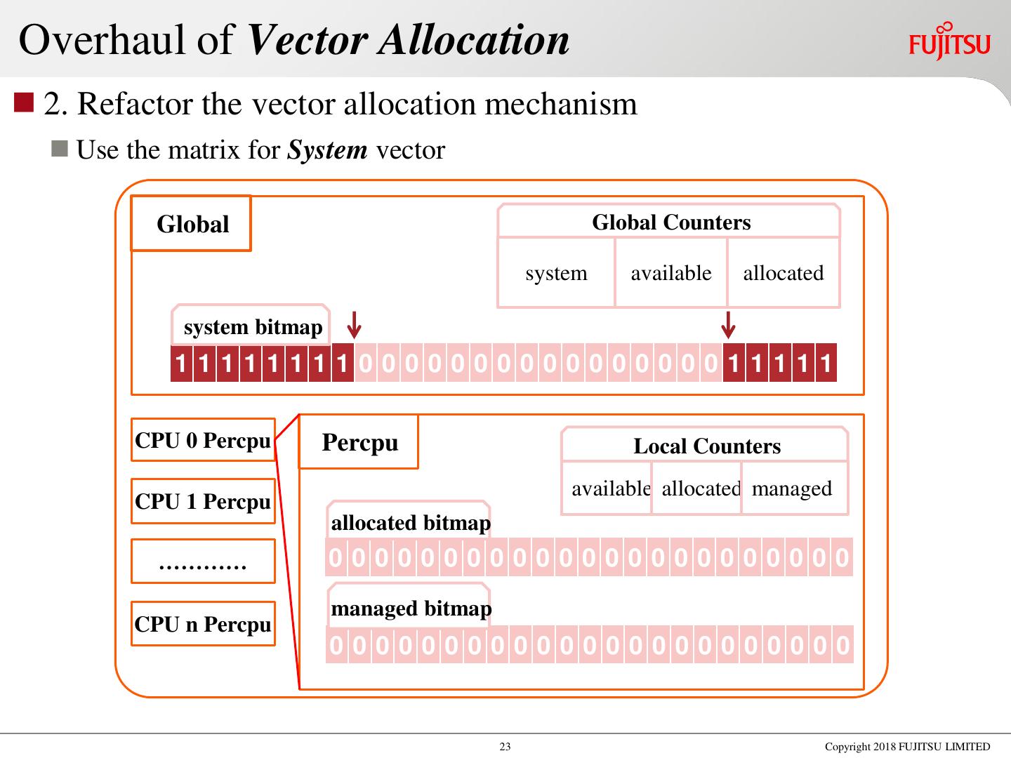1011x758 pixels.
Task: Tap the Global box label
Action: coord(192,224)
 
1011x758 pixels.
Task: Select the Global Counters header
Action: coord(670,222)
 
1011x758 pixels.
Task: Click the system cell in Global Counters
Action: coord(556,273)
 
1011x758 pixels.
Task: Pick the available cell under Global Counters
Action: coord(670,273)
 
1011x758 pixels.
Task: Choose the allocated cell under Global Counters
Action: coord(783,273)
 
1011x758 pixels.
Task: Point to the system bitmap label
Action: coord(252,327)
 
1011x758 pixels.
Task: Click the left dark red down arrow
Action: coord(355,325)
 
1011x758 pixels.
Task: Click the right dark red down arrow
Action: coord(729,325)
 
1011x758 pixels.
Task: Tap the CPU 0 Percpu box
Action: coord(202,440)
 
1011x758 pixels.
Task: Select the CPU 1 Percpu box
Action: coord(202,501)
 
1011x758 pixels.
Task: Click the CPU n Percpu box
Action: coord(202,624)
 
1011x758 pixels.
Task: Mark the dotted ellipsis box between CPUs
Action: coord(202,561)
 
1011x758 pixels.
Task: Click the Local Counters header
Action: coord(706,446)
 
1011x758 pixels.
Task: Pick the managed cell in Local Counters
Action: coord(792,488)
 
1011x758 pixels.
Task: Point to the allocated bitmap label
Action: coord(410,523)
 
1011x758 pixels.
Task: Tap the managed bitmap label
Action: coord(410,609)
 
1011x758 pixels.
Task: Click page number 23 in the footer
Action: coord(505,747)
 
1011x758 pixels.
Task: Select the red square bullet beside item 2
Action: coord(24,102)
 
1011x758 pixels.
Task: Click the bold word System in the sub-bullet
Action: coord(328,150)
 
